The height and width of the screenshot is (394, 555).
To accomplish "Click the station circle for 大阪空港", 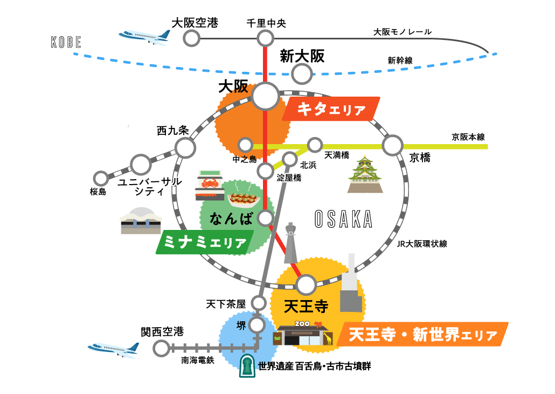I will pyautogui.click(x=191, y=38).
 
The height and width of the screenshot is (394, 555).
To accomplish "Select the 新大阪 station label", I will pyautogui.click(x=302, y=56).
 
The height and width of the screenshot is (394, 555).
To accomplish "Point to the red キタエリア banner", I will pyautogui.click(x=331, y=109).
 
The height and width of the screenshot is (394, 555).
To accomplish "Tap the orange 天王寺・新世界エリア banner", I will pyautogui.click(x=422, y=335).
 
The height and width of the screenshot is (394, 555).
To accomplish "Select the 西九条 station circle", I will pyautogui.click(x=185, y=146).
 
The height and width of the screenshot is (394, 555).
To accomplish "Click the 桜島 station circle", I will pyautogui.click(x=101, y=178).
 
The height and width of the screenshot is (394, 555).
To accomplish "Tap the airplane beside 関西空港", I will pyautogui.click(x=113, y=349).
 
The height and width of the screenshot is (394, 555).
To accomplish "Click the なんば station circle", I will pyautogui.click(x=265, y=218).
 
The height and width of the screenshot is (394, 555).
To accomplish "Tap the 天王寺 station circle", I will pyautogui.click(x=306, y=284).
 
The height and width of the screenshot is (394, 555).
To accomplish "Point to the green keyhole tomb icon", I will pyautogui.click(x=247, y=366).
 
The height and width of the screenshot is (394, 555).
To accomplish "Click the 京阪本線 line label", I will pyautogui.click(x=468, y=137).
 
